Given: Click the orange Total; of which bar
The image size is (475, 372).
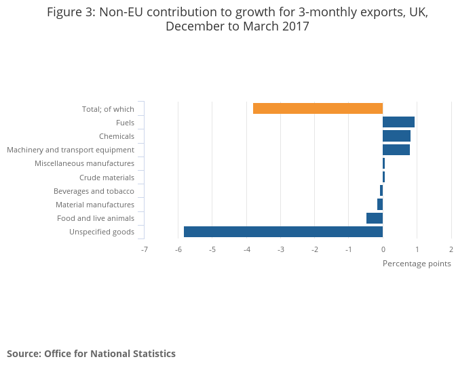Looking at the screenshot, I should coord(318,108).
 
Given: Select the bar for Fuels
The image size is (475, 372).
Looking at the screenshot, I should coord(398,122).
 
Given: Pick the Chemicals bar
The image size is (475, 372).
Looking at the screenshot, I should coord(396,136).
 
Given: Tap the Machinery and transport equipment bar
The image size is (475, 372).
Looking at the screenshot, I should coord(396,150).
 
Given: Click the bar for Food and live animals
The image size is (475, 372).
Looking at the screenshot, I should coord(375,218).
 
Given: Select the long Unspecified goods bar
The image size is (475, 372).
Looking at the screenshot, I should coord(283,232).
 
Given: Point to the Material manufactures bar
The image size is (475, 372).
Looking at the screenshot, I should coord(380,205).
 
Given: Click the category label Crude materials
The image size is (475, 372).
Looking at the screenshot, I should coord(107,178).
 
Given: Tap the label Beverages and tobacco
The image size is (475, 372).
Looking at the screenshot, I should coord(95,191).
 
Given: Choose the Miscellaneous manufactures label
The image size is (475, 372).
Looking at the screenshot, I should coord(84,163).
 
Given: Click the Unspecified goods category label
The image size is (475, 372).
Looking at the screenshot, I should coord(102,232).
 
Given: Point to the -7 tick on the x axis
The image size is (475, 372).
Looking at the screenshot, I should coord(144,249).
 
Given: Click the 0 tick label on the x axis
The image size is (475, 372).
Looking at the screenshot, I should coord(383,249).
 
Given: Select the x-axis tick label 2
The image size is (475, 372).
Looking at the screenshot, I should coord(451,249).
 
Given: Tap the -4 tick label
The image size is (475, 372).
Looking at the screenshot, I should coord(246,249).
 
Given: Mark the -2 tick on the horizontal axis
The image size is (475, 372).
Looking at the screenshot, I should coord(314,249).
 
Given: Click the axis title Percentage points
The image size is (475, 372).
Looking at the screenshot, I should coord(417,264).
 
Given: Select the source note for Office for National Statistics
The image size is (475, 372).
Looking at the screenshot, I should coord(91,354).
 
